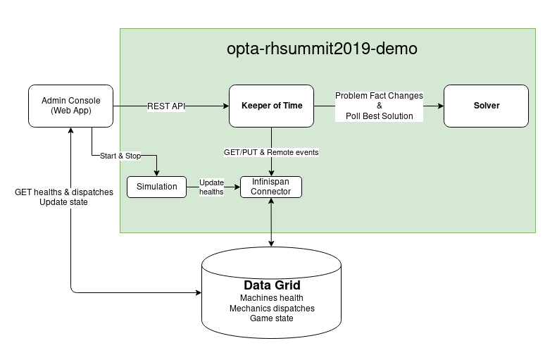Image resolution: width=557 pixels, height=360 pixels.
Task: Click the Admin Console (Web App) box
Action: (x=70, y=106)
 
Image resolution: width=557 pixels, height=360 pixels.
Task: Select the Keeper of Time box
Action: (x=272, y=106)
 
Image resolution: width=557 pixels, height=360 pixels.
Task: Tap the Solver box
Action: (x=486, y=106)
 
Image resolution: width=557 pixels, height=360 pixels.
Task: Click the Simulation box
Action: (x=156, y=187)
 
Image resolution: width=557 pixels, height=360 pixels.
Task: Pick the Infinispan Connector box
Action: (x=271, y=187)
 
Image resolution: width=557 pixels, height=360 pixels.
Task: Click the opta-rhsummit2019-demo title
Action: (x=322, y=49)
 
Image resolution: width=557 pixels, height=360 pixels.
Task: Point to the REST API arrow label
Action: (x=166, y=106)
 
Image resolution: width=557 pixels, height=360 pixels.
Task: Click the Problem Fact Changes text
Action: (x=379, y=96)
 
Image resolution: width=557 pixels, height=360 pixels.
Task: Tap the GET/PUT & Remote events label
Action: (x=272, y=153)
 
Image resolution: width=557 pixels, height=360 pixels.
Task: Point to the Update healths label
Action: (x=211, y=187)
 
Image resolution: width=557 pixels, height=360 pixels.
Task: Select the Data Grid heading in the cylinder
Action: (x=272, y=285)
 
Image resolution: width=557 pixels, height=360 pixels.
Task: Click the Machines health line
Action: (x=272, y=298)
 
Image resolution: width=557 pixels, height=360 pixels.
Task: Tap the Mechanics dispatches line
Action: (x=272, y=308)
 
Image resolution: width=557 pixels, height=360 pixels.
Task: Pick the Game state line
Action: (x=272, y=318)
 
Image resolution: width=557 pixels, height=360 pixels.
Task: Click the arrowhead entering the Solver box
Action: (x=440, y=106)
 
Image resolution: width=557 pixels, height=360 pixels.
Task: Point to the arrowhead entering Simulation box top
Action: (x=156, y=173)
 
